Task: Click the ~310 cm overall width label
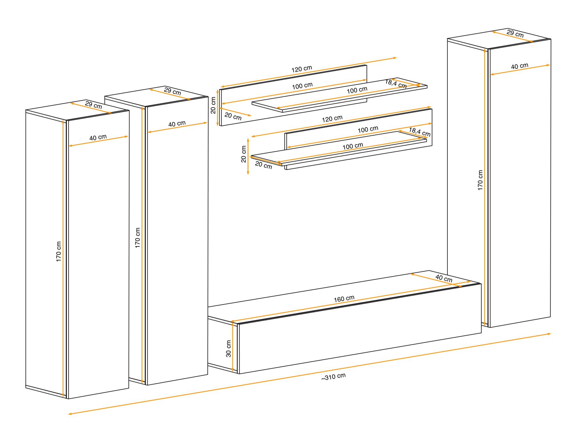(333, 377)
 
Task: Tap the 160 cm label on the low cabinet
(344, 299)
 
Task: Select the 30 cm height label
(228, 349)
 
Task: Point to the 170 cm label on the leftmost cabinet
(59, 251)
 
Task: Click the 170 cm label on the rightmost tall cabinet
(480, 180)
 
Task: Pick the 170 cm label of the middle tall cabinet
(138, 238)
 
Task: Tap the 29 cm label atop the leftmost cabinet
(94, 105)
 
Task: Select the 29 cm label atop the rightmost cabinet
(515, 33)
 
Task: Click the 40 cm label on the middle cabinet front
(177, 124)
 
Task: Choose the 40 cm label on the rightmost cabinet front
(520, 66)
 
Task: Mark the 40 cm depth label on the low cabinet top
(444, 278)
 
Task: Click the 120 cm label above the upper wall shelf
(302, 69)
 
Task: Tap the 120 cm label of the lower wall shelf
(332, 119)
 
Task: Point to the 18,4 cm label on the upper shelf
(396, 84)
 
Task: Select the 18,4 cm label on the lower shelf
(420, 132)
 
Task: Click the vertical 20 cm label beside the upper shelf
(213, 105)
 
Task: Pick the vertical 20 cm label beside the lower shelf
(243, 154)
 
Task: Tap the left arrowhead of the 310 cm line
(70, 414)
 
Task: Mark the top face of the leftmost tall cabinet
(77, 110)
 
